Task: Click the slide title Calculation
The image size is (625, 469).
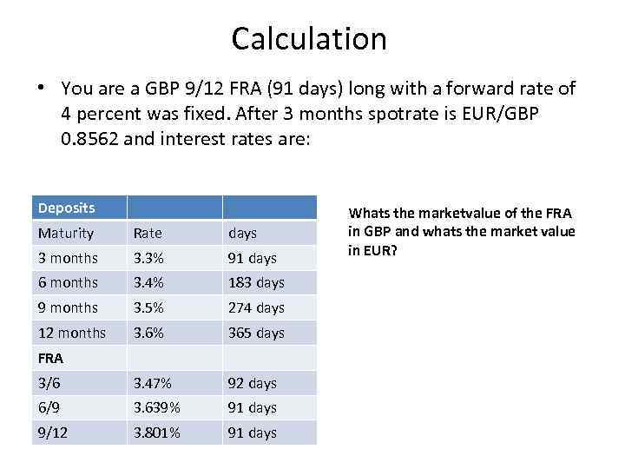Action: pos(309,38)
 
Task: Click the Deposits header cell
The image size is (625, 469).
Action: pos(67,208)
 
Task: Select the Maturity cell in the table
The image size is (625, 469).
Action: pos(66,233)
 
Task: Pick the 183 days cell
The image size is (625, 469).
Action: pos(256,282)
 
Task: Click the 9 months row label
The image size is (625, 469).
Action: pos(69,307)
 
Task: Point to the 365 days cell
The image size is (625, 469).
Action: pos(256,333)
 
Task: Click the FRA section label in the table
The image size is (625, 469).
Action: pos(51,358)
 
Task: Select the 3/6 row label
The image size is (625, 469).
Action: pos(49,383)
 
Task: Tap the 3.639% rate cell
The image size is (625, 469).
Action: pos(156,407)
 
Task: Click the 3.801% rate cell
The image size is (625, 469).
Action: pos(156,433)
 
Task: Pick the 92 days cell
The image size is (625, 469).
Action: pos(253,383)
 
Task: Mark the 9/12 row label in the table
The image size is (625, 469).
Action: pos(53,433)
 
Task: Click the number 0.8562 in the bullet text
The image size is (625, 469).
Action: pos(91,137)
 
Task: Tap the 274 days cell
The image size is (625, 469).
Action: pos(256,307)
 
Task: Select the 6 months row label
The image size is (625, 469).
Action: pos(69,282)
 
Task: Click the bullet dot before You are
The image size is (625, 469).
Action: pos(40,89)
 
